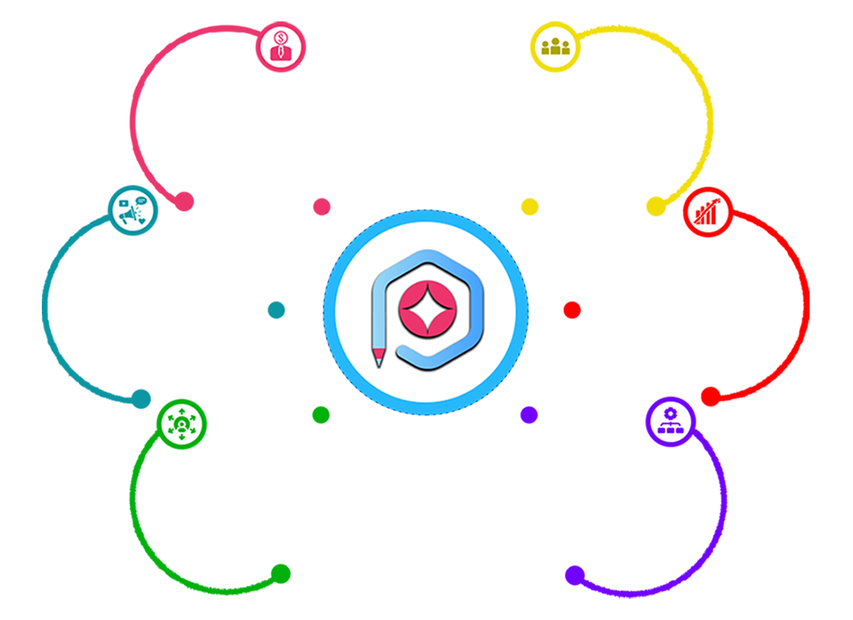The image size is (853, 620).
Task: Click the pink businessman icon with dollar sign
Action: tap(280, 47)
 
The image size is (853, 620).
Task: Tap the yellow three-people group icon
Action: tap(556, 46)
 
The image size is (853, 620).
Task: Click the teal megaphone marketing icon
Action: tap(131, 209)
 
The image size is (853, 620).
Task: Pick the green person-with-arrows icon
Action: tap(182, 422)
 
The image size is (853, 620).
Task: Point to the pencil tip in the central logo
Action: tap(380, 359)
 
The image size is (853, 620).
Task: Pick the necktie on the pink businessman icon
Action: tap(280, 53)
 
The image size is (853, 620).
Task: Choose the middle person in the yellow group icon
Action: tap(556, 44)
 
